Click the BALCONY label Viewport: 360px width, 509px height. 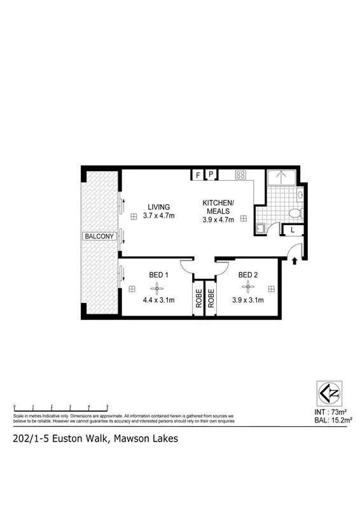(99, 237)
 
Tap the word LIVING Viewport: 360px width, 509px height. (159, 207)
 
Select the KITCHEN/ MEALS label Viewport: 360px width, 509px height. (218, 207)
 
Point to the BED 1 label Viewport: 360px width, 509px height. (158, 275)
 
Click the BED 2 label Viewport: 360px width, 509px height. (247, 275)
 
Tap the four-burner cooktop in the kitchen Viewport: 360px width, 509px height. (241, 175)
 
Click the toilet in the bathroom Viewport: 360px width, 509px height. (293, 213)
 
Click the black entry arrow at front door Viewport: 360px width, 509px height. (294, 259)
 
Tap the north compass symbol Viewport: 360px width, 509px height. (328, 393)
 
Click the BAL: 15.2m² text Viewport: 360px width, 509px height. (333, 421)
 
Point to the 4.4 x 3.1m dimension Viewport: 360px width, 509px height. (158, 300)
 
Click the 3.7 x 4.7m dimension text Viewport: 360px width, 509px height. (159, 216)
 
